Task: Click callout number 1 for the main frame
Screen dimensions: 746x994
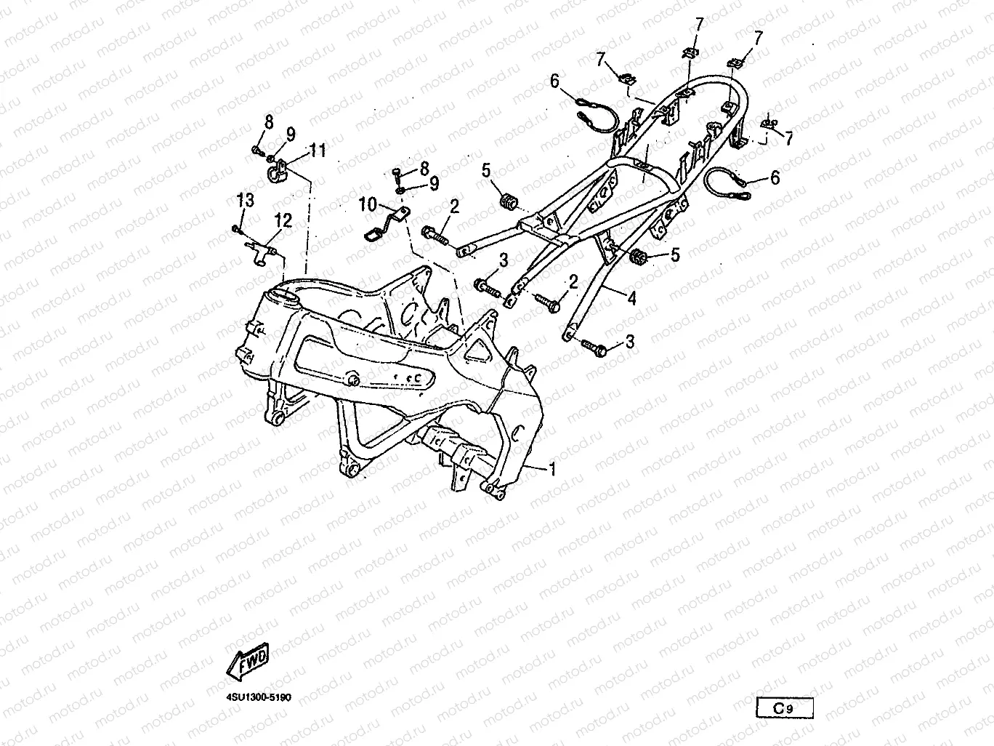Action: [x=551, y=470]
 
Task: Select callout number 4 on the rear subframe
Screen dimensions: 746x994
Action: [x=631, y=297]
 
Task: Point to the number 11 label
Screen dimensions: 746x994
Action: [x=318, y=151]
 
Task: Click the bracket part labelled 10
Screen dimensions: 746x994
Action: [x=385, y=222]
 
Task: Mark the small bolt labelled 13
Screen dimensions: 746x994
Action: [x=236, y=229]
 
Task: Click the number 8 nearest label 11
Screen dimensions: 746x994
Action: [x=269, y=122]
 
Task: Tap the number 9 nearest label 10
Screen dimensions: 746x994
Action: [x=434, y=183]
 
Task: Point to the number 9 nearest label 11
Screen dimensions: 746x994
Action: [x=290, y=135]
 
